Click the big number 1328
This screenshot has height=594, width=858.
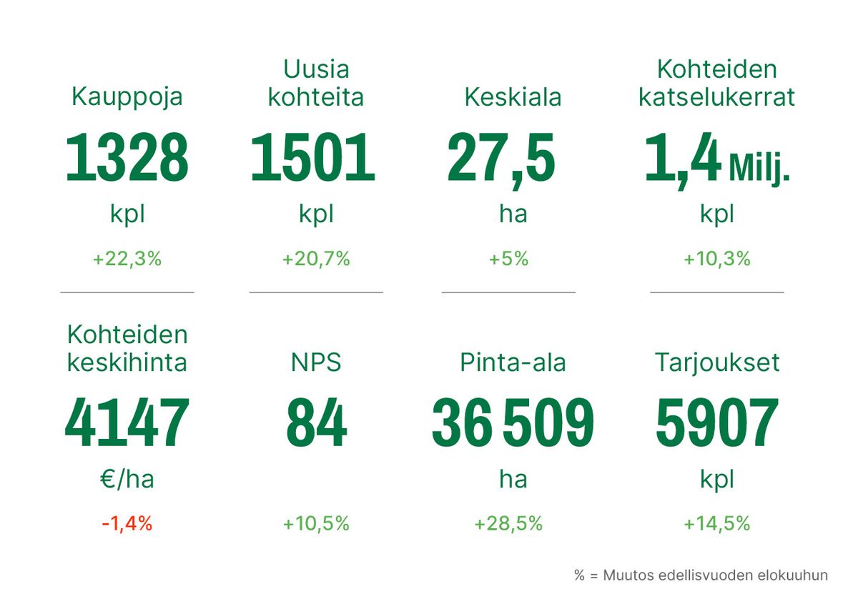[127, 158]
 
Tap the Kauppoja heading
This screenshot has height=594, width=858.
[127, 96]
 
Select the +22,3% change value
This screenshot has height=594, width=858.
[127, 259]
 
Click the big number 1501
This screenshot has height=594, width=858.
[313, 158]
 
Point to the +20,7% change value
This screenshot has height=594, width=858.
[316, 259]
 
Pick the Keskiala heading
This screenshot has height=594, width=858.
[513, 97]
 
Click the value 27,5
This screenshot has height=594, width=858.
[501, 158]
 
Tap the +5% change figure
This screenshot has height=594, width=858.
[508, 259]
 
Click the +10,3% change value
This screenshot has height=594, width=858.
[716, 259]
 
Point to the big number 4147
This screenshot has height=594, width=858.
[127, 422]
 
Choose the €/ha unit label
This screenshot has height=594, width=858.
[127, 479]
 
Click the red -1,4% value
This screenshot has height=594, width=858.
[127, 523]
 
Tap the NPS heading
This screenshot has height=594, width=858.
[316, 362]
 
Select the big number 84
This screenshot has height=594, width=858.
[316, 422]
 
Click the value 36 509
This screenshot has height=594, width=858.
[513, 422]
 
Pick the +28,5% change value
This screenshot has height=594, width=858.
[508, 523]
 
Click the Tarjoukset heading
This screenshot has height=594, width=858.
[716, 362]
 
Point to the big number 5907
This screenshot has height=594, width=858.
[716, 422]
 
